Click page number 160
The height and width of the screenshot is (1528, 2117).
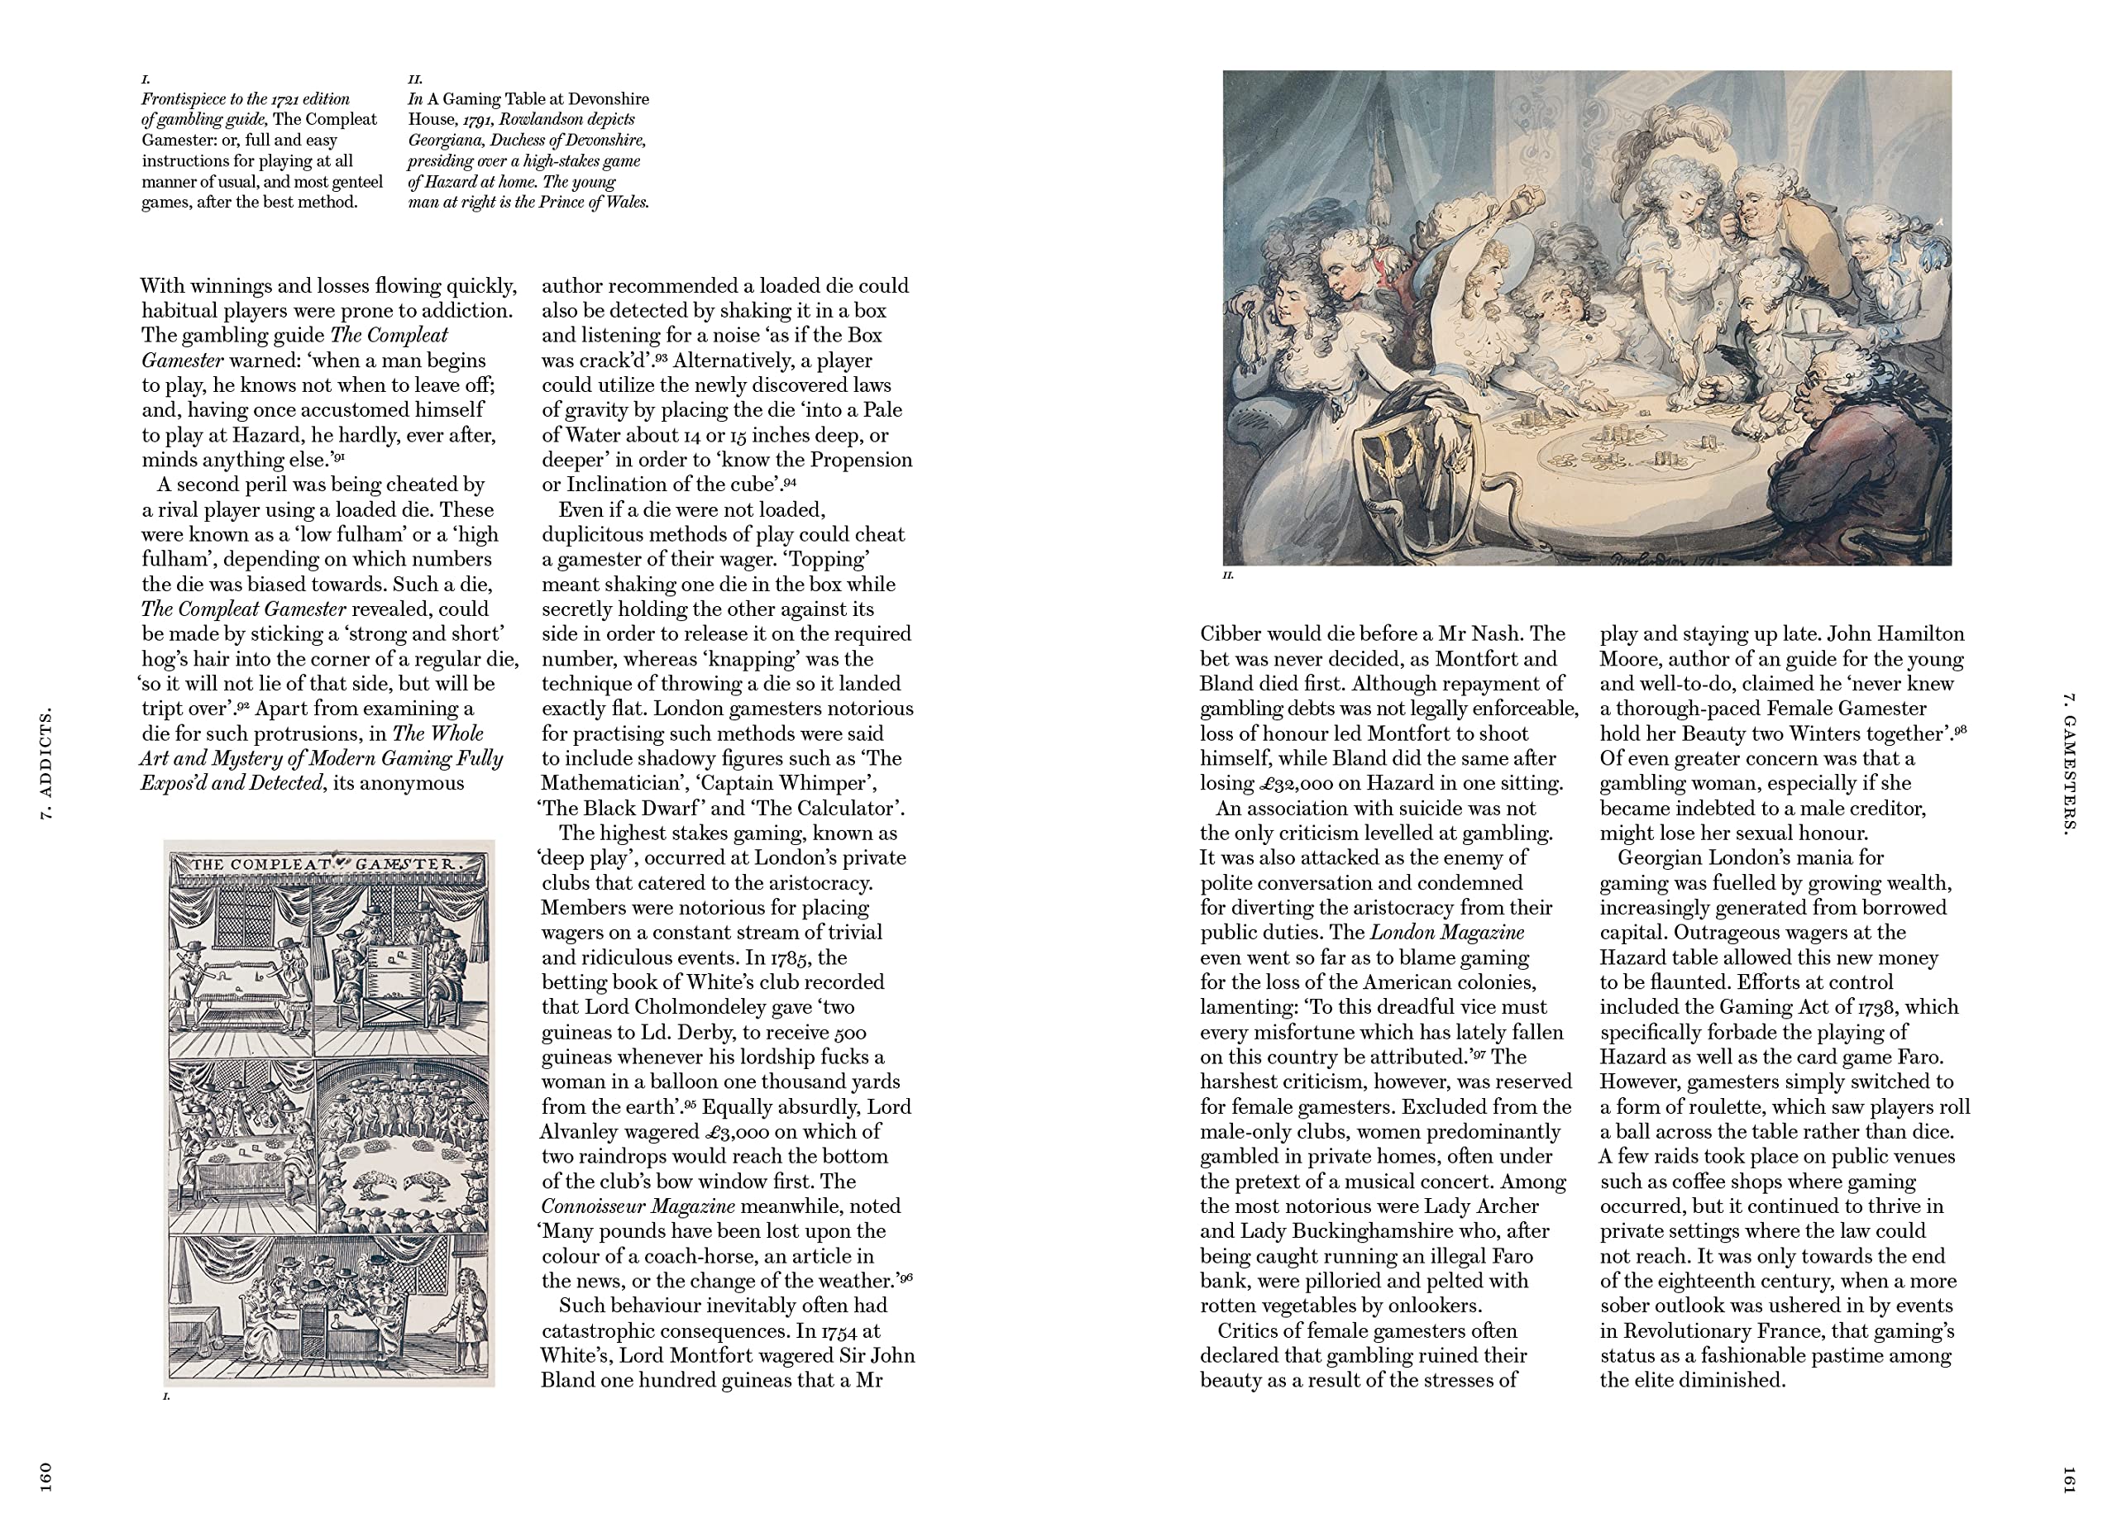[44, 1478]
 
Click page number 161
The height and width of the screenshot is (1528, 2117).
[2068, 1480]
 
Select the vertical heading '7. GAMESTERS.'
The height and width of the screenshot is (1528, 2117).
[2067, 763]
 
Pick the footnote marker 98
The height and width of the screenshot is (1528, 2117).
[1959, 730]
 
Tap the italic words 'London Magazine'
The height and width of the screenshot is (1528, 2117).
[1447, 933]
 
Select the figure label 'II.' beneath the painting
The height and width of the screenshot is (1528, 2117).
[1227, 576]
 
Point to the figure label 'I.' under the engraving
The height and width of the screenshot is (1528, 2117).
[167, 1397]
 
